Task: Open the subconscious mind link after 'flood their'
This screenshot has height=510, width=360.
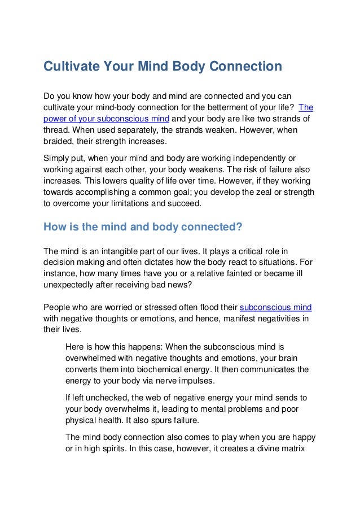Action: [276, 307]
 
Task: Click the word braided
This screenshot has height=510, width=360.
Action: [60, 141]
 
